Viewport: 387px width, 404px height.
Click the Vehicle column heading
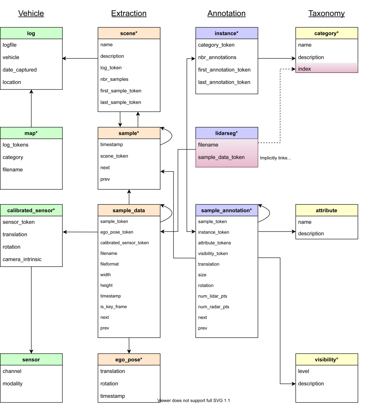31,14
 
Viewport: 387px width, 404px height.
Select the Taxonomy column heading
326,14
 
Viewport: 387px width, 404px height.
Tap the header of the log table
31,33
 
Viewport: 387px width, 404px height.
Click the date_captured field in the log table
20,70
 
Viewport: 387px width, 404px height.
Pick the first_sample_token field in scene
121,91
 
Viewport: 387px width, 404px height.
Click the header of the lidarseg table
226,133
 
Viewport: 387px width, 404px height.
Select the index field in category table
305,69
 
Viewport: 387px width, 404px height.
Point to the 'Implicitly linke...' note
275,158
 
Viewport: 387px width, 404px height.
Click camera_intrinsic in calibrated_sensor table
22,259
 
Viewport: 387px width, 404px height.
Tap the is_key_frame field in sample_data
114,307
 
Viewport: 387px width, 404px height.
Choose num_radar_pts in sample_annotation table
214,307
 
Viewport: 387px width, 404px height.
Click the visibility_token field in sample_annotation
213,253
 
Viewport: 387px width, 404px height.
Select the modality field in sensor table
13,384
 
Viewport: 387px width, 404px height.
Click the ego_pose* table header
129,360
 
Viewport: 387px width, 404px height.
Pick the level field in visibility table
304,371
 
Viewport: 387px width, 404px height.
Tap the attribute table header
326,210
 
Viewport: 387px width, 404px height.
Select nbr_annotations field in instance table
217,57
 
